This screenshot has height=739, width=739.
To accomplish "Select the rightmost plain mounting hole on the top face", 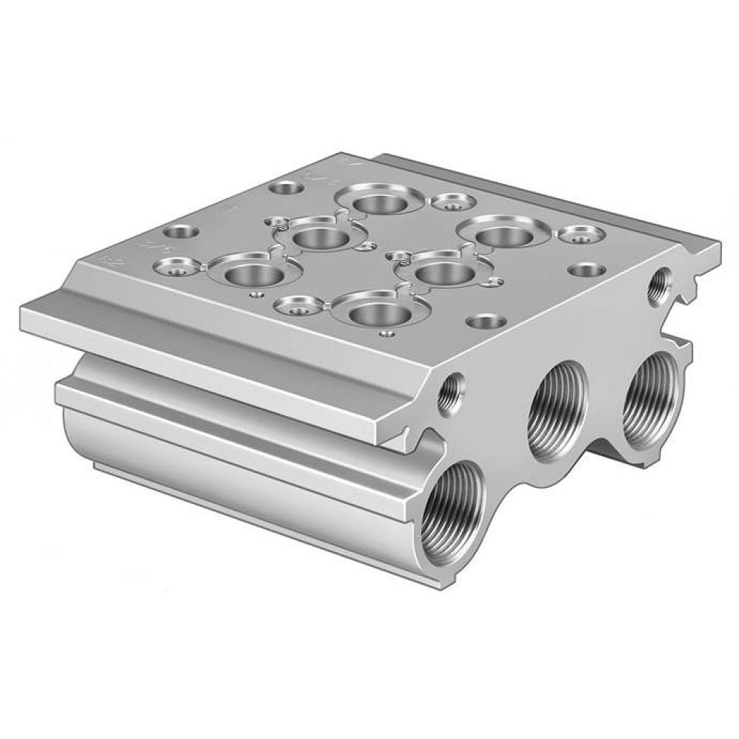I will pyautogui.click(x=585, y=269).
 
